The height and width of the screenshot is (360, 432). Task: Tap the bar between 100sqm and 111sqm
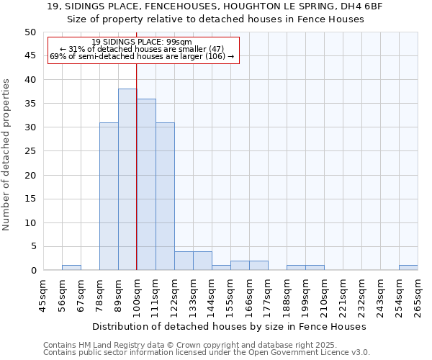[x=146, y=184]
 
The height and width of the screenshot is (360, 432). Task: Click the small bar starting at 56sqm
[x=71, y=268]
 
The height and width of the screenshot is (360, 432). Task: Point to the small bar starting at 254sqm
[x=408, y=268]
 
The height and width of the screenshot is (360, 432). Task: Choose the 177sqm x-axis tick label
[x=268, y=295]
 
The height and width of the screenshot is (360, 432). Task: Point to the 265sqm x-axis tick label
[x=418, y=295]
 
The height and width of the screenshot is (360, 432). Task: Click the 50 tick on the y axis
[x=30, y=32]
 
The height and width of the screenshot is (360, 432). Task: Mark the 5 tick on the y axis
[x=32, y=247]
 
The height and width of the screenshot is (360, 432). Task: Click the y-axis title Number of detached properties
[x=7, y=155]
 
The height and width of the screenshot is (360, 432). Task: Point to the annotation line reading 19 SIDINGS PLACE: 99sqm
[x=142, y=42]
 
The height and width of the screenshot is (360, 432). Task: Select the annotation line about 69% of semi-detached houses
[x=142, y=56]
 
